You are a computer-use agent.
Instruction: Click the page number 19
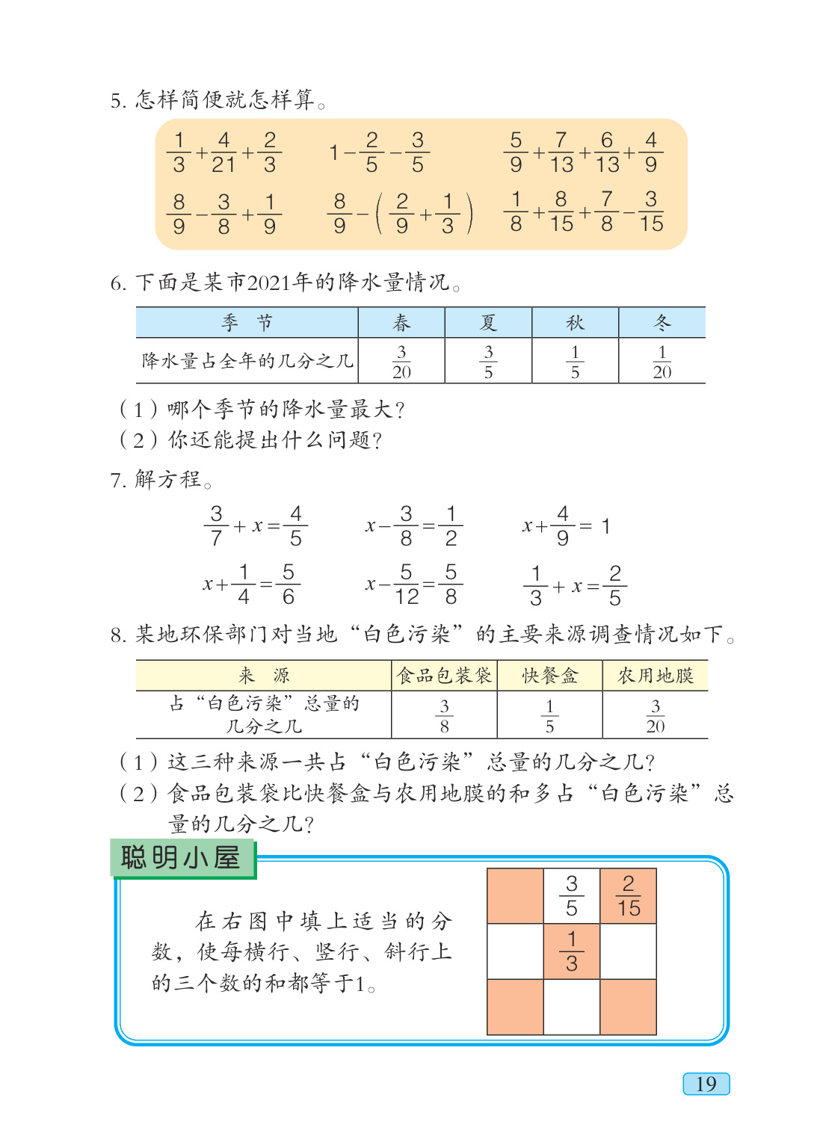(706, 1084)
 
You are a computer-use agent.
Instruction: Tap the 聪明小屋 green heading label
(181, 858)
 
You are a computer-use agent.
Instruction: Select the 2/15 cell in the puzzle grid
(628, 896)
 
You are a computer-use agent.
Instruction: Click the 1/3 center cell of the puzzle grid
(572, 951)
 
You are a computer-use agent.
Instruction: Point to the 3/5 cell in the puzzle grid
(572, 896)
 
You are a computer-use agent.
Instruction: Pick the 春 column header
(401, 323)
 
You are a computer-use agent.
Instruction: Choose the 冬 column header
(662, 323)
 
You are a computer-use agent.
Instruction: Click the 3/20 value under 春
(401, 362)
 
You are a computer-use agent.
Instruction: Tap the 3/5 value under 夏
(488, 362)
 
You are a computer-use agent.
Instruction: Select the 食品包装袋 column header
(444, 676)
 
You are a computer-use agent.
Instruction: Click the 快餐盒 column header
(549, 676)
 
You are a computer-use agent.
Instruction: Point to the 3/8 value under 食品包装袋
(444, 716)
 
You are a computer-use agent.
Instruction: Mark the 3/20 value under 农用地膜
(655, 716)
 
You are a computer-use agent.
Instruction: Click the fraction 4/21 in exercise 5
(223, 152)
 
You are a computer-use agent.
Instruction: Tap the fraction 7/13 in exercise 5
(561, 152)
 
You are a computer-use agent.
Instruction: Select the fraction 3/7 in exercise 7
(216, 526)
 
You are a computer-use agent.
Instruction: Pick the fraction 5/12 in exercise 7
(407, 584)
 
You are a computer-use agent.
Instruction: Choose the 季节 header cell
(247, 323)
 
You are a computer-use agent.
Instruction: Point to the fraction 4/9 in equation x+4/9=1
(563, 526)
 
